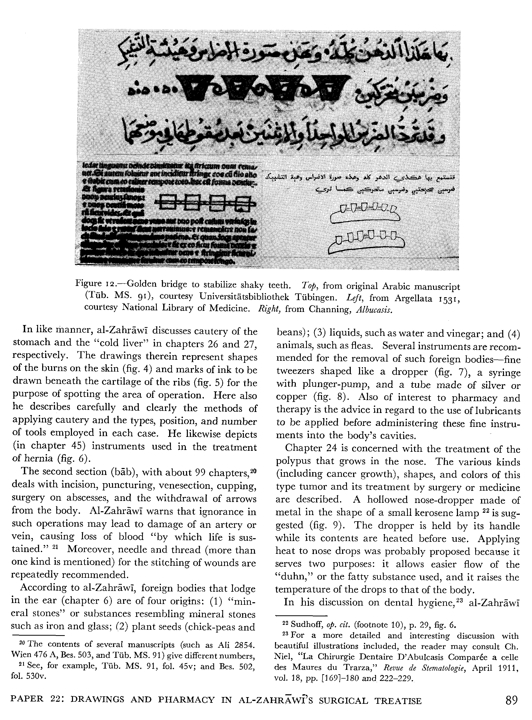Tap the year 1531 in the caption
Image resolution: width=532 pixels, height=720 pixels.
(448, 298)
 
